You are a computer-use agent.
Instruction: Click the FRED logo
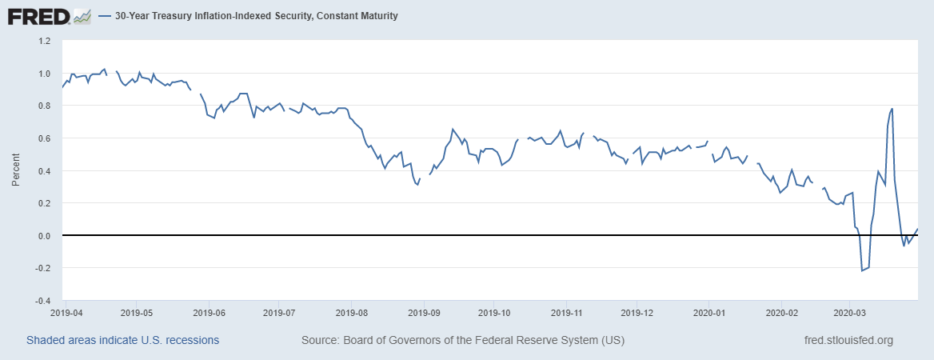point(38,15)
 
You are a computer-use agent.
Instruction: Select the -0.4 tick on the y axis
point(42,301)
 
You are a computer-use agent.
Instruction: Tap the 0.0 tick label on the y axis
point(43,235)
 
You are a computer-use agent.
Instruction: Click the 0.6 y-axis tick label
point(43,138)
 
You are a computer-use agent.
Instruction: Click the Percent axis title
point(15,170)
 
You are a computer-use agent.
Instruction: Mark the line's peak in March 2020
point(892,109)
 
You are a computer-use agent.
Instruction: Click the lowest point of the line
point(862,271)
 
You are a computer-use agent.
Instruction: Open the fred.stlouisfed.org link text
point(848,340)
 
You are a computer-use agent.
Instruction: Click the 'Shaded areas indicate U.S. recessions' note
point(122,340)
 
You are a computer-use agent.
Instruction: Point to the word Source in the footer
point(318,340)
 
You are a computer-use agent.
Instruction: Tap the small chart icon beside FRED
point(82,15)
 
